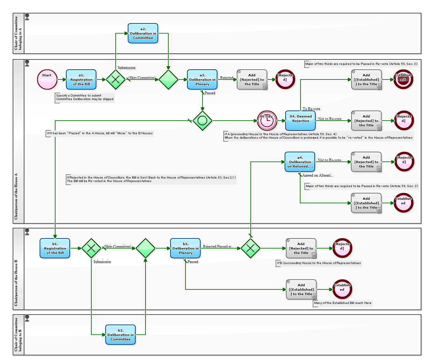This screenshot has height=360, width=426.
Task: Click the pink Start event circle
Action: (x=47, y=79)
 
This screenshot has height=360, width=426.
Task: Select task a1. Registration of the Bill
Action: (x=81, y=79)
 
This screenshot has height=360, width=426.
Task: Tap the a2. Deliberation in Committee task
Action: (x=143, y=33)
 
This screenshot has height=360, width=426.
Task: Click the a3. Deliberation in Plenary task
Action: (x=202, y=79)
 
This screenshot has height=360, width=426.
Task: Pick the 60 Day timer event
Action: (x=267, y=121)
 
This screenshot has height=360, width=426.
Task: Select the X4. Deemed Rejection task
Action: (x=300, y=121)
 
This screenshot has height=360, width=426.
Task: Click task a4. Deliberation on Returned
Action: (x=300, y=162)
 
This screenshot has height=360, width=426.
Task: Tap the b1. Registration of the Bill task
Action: (x=55, y=248)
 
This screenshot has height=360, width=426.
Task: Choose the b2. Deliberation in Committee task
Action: (x=120, y=335)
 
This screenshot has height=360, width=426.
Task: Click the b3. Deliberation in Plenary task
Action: (x=185, y=248)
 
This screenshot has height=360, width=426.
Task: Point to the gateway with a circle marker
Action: (x=202, y=121)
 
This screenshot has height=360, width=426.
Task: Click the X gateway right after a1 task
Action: (x=116, y=79)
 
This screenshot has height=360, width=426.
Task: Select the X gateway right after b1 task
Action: (x=91, y=248)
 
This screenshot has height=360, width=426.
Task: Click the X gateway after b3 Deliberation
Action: (x=250, y=248)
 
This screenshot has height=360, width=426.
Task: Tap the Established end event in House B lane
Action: (x=342, y=289)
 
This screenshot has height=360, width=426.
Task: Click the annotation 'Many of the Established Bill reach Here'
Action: (x=343, y=303)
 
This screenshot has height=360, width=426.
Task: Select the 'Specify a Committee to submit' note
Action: (x=85, y=97)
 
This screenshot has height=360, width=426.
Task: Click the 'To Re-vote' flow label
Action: (x=311, y=109)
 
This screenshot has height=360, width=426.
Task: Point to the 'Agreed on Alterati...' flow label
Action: (x=318, y=175)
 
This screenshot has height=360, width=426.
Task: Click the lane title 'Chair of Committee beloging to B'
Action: (x=18, y=335)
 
